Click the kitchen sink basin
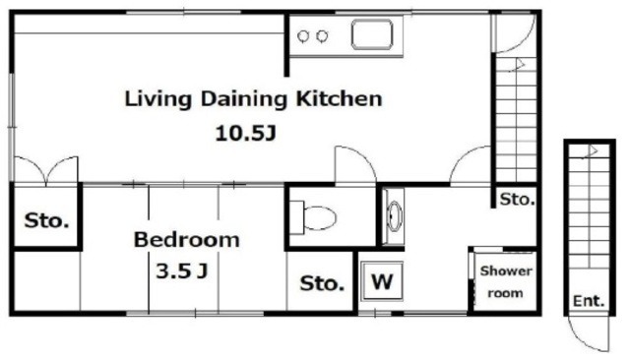coord(372,34)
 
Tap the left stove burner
coord(303,36)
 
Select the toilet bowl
coord(319,218)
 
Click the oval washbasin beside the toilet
coord(394,216)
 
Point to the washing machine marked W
coord(382,281)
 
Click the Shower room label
coord(506,281)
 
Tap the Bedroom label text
coord(186,240)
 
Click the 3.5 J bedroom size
coord(181,270)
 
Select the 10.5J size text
coord(246,133)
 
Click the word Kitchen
coord(339,98)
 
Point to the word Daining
coord(244,99)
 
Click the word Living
coord(157,99)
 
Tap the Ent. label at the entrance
coord(589,301)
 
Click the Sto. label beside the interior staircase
coord(517,199)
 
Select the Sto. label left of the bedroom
coord(46,220)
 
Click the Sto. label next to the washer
coord(322,283)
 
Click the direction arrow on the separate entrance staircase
coord(592,151)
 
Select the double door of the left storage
coord(46,170)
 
